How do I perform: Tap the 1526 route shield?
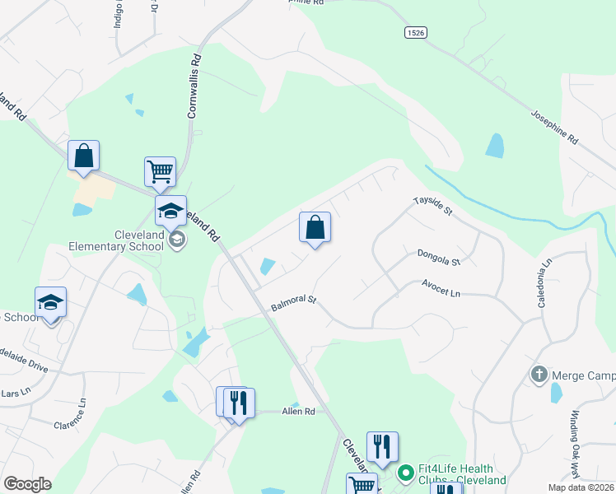[416, 32]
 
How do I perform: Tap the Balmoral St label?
[294, 304]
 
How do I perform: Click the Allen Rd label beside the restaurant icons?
[298, 411]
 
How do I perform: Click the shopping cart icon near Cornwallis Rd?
[161, 172]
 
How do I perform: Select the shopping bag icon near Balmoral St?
[315, 227]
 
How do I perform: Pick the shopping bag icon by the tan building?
[83, 155]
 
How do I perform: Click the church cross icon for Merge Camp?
[539, 375]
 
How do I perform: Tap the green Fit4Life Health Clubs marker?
[405, 473]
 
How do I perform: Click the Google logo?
[27, 483]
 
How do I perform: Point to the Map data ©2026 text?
[581, 487]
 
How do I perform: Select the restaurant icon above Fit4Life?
[382, 446]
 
